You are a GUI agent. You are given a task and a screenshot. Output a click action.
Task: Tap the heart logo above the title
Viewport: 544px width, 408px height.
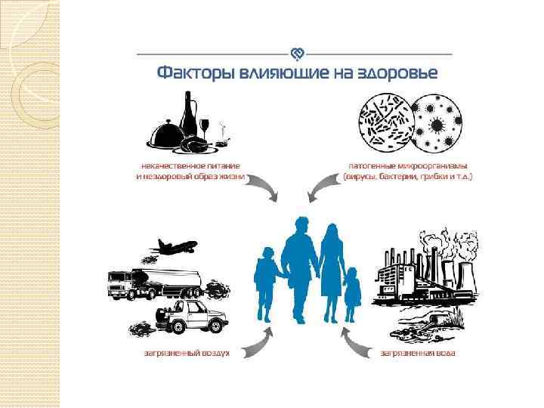(297, 54)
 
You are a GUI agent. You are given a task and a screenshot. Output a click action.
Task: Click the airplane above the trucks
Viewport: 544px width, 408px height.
(175, 246)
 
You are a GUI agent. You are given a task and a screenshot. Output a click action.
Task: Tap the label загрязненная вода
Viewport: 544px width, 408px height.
(418, 352)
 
